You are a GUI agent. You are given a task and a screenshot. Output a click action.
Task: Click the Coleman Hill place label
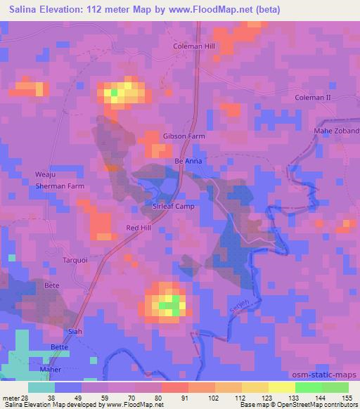click(193, 46)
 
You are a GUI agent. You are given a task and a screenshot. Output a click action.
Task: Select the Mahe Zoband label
click(336, 131)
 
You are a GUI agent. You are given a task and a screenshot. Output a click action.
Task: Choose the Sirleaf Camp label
click(173, 207)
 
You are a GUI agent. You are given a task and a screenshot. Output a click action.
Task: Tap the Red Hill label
click(139, 228)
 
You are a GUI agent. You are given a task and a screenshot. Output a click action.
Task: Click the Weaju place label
click(45, 174)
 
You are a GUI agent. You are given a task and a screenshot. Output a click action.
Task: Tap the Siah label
click(73, 332)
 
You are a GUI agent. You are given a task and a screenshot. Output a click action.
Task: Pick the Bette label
click(61, 347)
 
